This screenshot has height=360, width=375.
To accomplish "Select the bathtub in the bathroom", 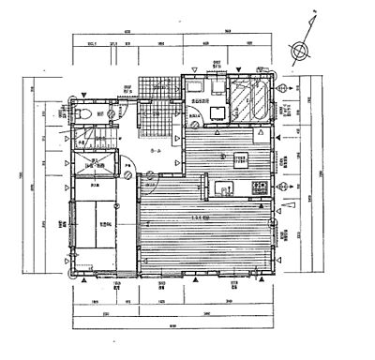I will click(250, 100).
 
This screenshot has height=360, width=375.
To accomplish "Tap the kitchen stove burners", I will click(259, 191).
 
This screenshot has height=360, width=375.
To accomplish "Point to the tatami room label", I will click(103, 225).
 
